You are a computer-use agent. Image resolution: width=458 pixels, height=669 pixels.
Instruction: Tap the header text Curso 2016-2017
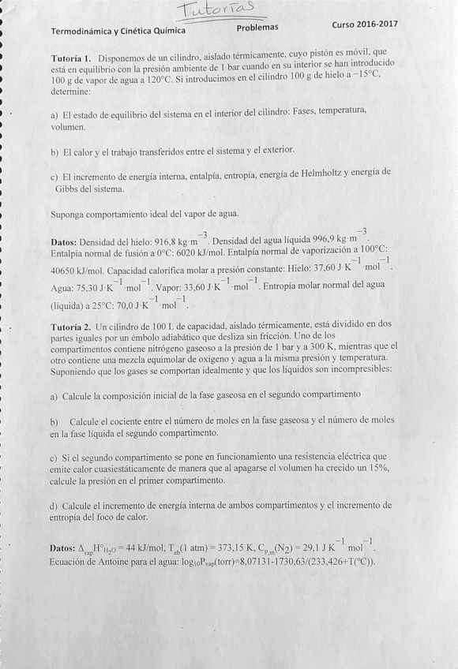(365, 24)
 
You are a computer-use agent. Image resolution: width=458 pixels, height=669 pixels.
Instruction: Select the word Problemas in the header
(257, 27)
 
